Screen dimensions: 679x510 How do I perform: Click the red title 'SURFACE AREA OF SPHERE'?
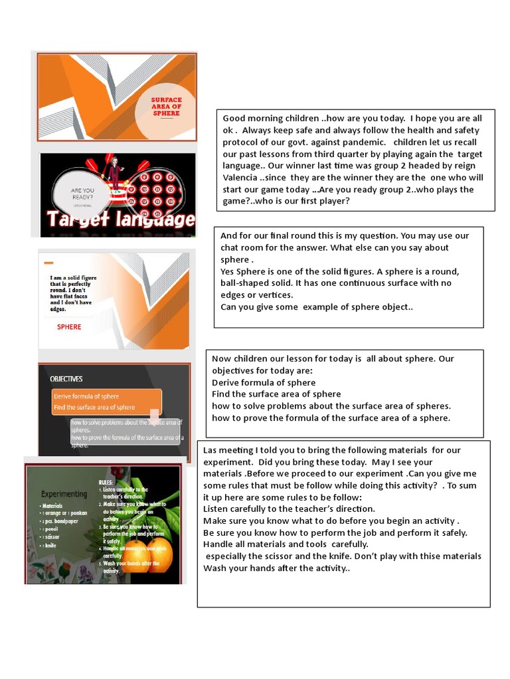coord(166,105)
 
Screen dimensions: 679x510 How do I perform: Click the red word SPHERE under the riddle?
coord(69,327)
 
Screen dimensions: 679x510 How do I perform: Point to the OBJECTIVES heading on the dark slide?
coord(66,379)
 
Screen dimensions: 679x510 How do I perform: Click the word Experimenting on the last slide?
coord(64,494)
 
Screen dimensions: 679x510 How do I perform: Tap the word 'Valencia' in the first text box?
coord(243,178)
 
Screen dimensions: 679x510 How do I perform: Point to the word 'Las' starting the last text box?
coord(211,450)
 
